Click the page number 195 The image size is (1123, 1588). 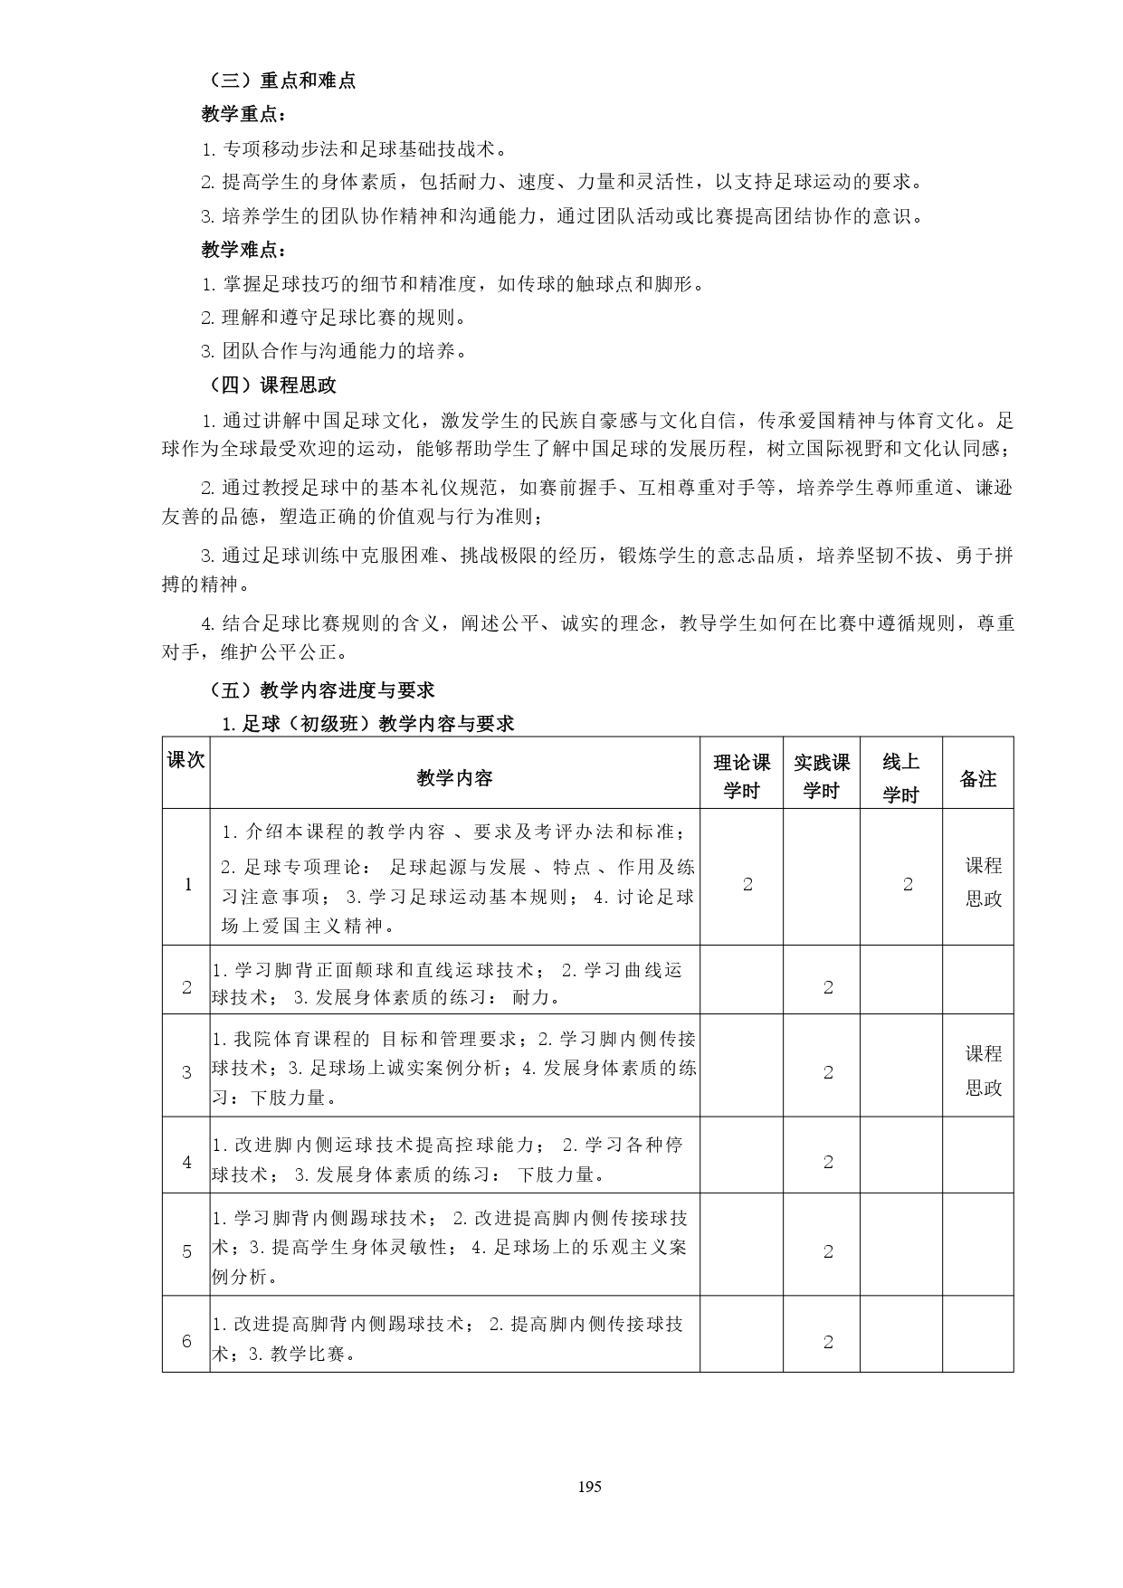(x=588, y=1486)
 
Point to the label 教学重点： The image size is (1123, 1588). (x=243, y=115)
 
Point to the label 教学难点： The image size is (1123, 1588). (x=243, y=250)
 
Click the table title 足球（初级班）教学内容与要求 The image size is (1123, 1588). (x=368, y=723)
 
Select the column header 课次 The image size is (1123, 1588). (x=186, y=760)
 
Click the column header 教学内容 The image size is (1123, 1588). (x=454, y=778)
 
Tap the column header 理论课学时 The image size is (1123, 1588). (x=741, y=777)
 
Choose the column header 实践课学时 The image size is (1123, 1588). (x=821, y=777)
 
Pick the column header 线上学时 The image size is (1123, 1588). (x=900, y=778)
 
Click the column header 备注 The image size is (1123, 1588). (x=977, y=778)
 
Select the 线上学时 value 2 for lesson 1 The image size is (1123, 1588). (x=908, y=885)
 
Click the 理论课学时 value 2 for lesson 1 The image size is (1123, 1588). (x=747, y=885)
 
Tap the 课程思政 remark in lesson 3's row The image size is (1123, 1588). (x=984, y=1070)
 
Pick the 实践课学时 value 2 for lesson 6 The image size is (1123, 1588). (x=828, y=1343)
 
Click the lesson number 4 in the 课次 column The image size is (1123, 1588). (x=187, y=1162)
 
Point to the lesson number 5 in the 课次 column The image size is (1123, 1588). (x=187, y=1251)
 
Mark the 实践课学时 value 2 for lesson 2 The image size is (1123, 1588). (x=828, y=987)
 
